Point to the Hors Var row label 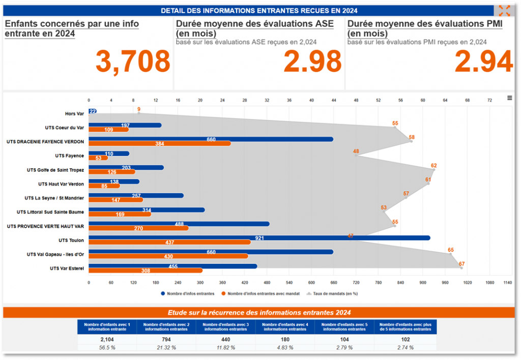click(74, 113)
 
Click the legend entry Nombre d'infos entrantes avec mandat click(260, 293)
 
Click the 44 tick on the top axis click(334, 100)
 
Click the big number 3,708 click(133, 62)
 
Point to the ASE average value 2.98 click(312, 62)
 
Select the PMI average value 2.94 click(483, 62)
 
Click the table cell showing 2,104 click(107, 339)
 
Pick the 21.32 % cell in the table click(166, 348)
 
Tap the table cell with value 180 click(285, 339)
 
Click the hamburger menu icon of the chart click(509, 98)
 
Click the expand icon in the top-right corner click(504, 11)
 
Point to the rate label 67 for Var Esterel click(461, 264)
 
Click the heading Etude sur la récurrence click(259, 313)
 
